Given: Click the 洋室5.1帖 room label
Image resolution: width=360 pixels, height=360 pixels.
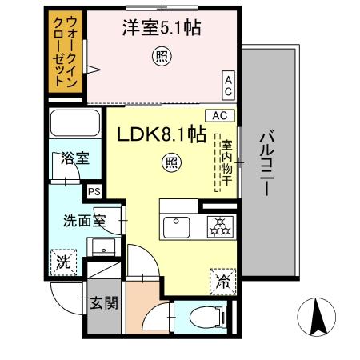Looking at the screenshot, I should (161, 29).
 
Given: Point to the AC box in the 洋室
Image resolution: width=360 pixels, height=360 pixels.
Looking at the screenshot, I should (228, 83).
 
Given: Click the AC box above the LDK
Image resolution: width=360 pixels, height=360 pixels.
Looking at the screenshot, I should (219, 115).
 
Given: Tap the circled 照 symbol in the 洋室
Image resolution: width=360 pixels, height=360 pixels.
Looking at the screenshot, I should (161, 57).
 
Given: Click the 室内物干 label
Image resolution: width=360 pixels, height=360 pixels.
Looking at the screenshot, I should (226, 165).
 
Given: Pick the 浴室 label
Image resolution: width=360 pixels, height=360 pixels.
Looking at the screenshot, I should (75, 158).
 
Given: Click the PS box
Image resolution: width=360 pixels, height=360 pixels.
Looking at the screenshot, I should (94, 192).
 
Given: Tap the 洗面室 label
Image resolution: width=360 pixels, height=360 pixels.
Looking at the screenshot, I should (84, 221).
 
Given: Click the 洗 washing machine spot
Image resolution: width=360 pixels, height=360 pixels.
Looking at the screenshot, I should (62, 261).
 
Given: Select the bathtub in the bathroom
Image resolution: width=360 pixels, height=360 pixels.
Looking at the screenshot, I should (74, 125).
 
